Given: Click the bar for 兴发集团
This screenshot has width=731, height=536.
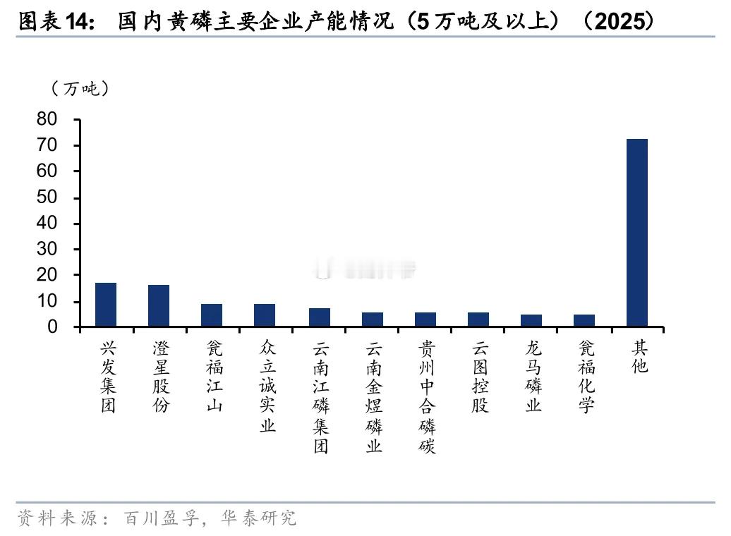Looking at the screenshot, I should pos(106,305).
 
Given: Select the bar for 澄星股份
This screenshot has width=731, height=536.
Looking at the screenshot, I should pos(159,306).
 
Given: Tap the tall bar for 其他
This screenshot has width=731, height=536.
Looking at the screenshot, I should pos(637,233).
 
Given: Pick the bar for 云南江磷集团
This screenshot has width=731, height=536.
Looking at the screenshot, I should pos(319,317).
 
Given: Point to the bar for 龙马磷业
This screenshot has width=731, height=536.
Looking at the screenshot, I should pos(531,321).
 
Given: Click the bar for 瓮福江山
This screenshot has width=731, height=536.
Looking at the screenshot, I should pos(212,315).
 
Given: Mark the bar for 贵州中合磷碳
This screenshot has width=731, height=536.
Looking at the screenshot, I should pos(425,319).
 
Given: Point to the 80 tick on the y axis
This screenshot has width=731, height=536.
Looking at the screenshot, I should pos(47,119).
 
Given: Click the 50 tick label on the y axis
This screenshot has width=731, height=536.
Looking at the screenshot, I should pos(47,197).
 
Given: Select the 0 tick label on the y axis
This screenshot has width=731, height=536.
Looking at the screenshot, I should pos(52,327).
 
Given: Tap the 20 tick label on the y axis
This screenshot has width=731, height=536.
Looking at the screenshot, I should pos(47,275).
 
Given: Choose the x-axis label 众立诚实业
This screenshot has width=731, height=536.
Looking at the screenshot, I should pos(267,386).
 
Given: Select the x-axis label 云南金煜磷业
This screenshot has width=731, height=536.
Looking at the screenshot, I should pos(373,396).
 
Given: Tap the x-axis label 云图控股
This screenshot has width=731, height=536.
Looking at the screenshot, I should pos(480,377).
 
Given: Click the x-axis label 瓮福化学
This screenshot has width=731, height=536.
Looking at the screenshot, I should pos(586,377).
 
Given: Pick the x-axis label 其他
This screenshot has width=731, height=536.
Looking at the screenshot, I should pos(639,357).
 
